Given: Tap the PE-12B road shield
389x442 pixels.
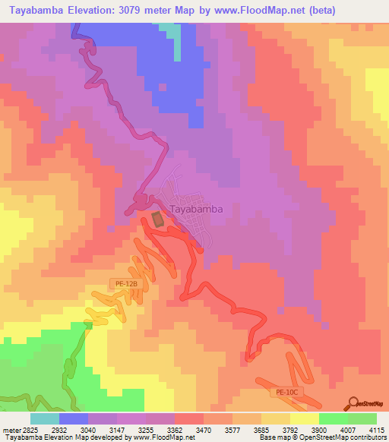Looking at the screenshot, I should (x=126, y=283).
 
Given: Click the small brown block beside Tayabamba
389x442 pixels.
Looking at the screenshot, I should (x=157, y=219).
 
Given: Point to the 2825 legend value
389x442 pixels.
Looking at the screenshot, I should (x=29, y=430).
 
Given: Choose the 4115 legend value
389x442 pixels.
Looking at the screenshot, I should (x=377, y=430).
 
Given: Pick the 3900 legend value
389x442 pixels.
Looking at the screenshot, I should (x=319, y=430).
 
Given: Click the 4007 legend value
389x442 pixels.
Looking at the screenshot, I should (x=348, y=430).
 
